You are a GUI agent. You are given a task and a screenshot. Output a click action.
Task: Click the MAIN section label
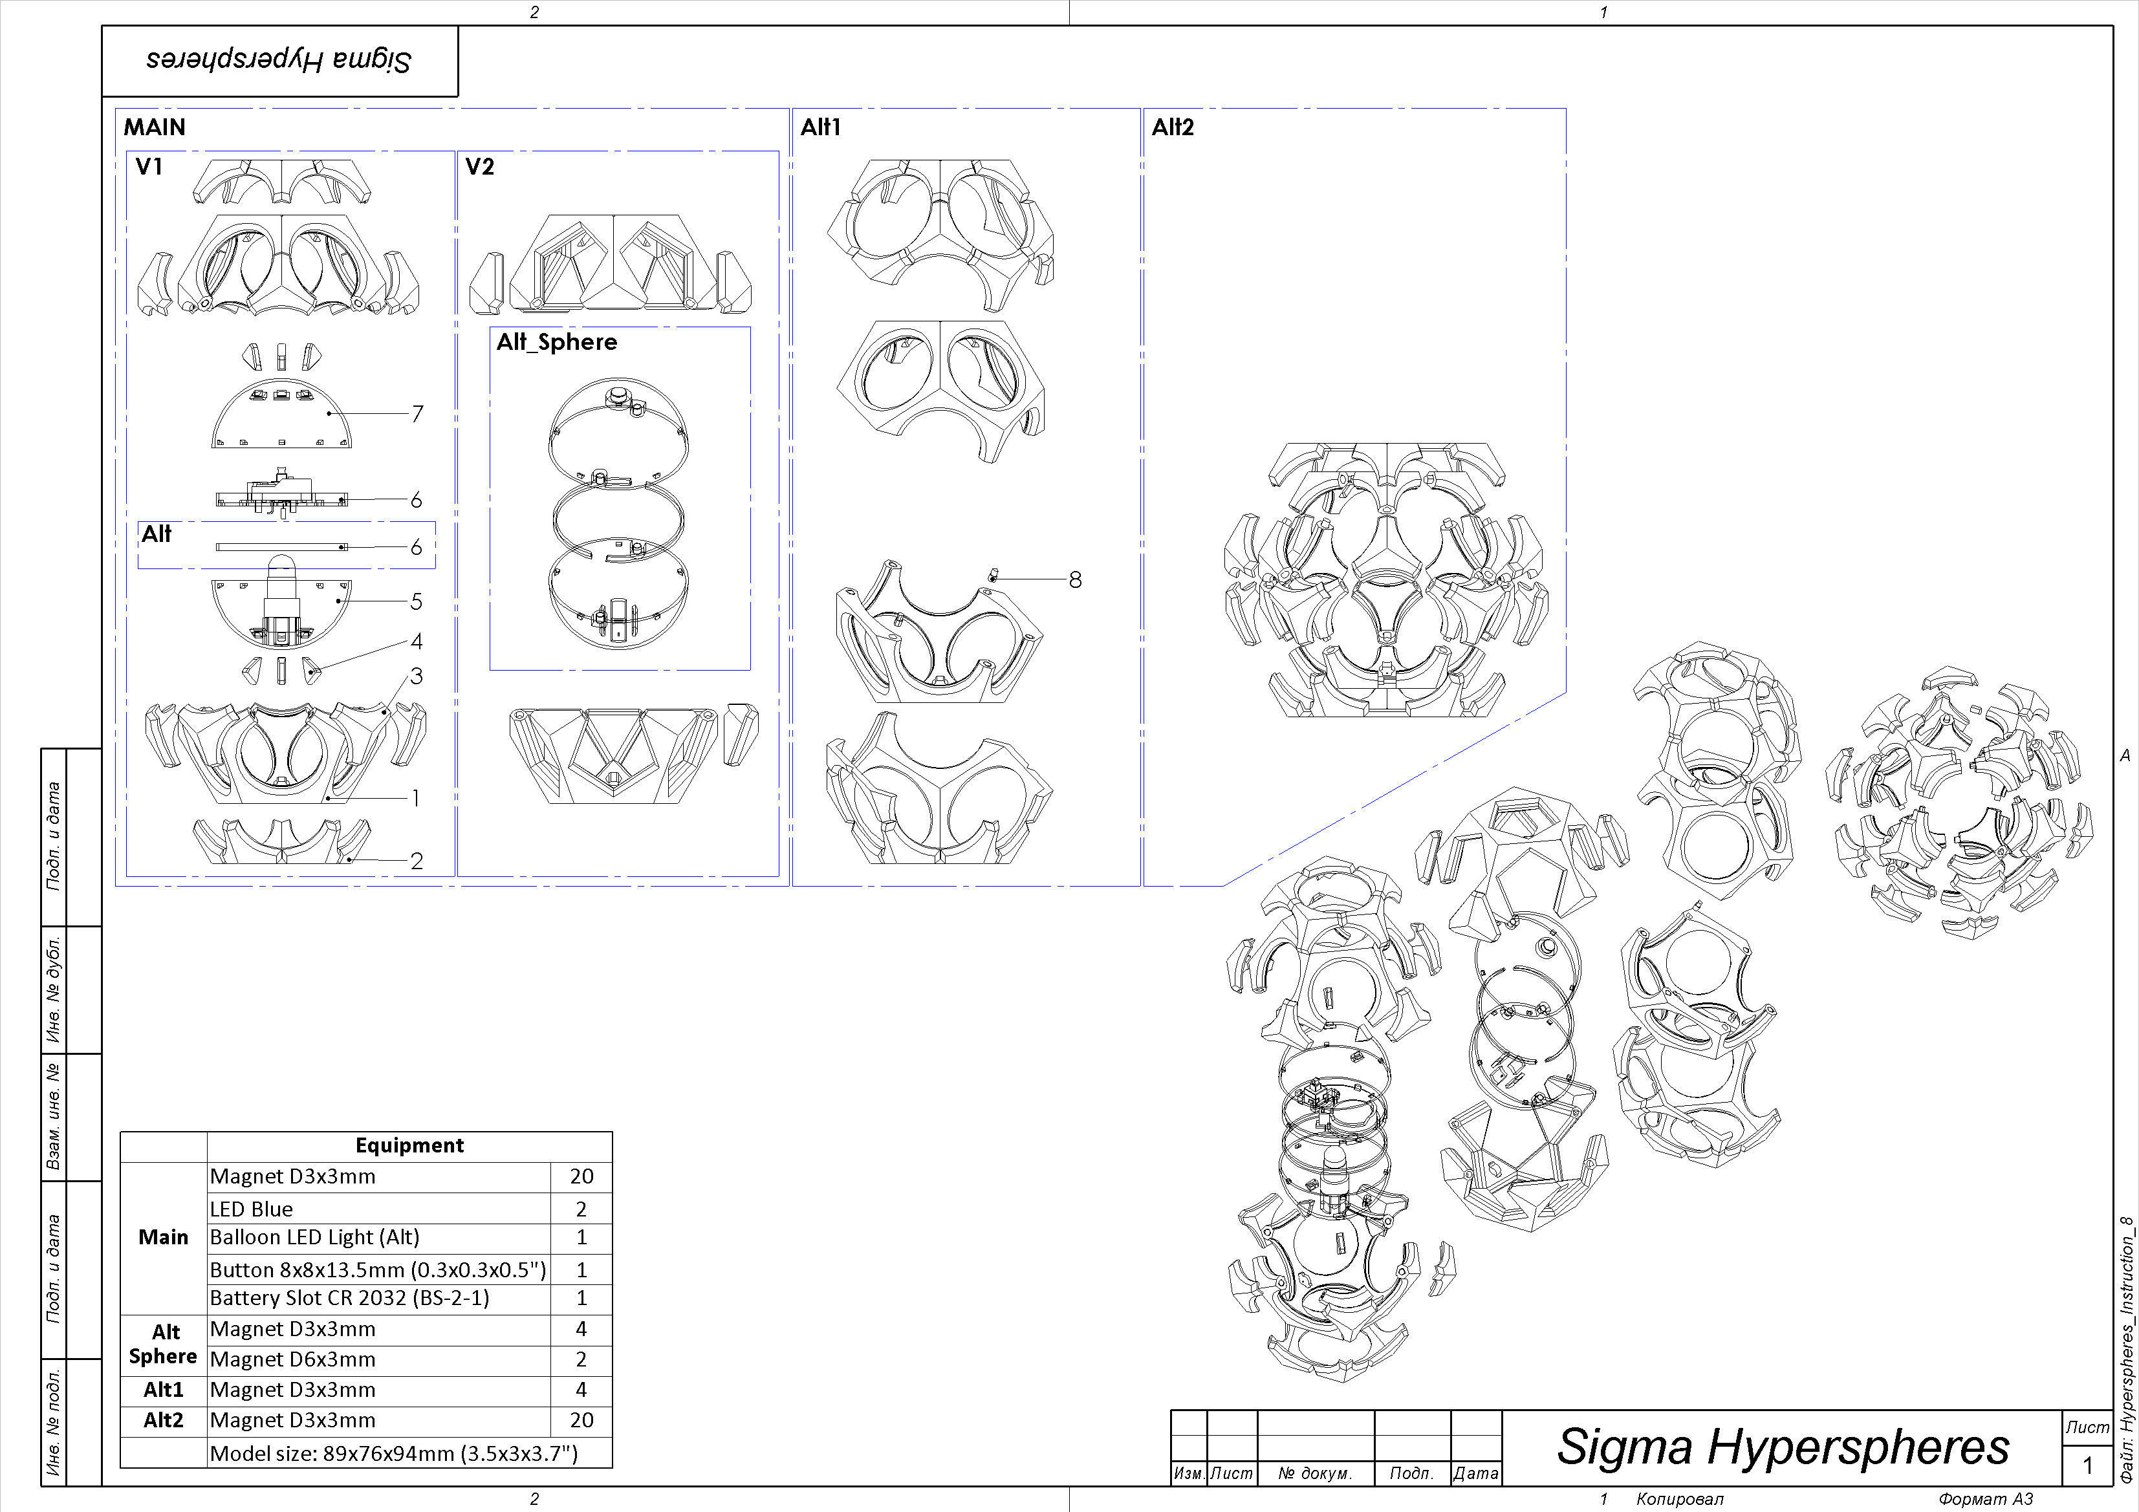pos(155,127)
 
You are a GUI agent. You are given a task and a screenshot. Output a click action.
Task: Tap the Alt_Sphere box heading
pos(556,342)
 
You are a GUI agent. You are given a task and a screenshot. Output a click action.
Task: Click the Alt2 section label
pos(1172,127)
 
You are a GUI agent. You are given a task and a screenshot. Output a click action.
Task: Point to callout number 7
pos(417,414)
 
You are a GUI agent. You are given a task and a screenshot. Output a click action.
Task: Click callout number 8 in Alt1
pos(1075,579)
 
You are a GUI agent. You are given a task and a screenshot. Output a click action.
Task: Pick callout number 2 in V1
pos(417,861)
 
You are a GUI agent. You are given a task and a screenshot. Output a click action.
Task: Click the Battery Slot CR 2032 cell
pos(349,1298)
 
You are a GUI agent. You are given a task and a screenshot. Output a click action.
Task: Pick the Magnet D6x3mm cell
pos(292,1359)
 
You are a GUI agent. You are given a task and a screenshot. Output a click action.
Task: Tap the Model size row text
pos(393,1453)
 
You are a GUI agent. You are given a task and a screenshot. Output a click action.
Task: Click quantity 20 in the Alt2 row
pos(581,1420)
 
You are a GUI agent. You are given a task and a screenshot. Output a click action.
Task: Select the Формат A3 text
pos(1985,1499)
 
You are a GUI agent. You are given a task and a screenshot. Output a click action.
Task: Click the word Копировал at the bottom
pos(1680,1499)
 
